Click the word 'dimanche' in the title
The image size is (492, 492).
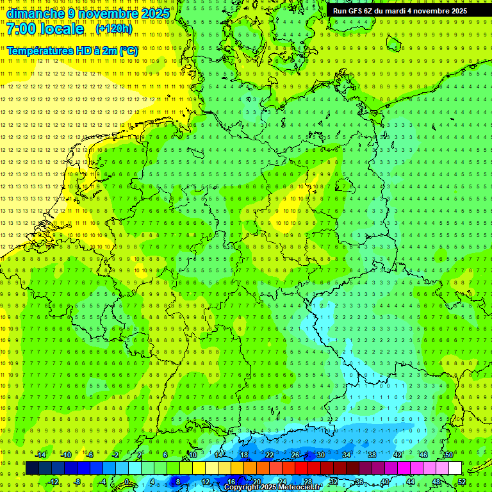35,13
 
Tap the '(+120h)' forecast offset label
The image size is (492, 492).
113,28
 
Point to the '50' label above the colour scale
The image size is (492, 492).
449,455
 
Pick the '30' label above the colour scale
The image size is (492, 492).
321,455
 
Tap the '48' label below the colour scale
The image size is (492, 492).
437,482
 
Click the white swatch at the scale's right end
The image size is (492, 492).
455,468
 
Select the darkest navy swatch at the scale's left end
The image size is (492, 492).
32,468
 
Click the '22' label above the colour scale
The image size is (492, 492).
270,455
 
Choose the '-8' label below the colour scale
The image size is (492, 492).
78,482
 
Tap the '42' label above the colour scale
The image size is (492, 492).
398,455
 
